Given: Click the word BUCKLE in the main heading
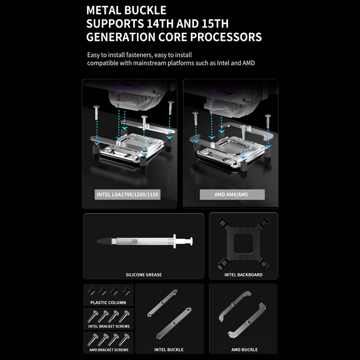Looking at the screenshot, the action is pos(145,10).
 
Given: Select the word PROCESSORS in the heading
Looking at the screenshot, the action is pos(226,37).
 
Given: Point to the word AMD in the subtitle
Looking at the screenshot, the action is pos(248,63).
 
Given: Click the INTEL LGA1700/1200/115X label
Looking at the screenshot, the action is pos(128,195).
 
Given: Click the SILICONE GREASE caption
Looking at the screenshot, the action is pos(144,274).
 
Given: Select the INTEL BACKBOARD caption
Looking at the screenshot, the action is pos(243,274).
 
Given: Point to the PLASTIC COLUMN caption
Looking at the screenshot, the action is pos(108,302).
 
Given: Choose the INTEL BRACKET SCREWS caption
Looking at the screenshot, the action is pos(109,326).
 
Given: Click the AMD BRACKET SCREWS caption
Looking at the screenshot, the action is pos(109,350).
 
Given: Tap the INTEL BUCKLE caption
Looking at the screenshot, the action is pos(169,350).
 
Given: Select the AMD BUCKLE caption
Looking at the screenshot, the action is pos(244,350).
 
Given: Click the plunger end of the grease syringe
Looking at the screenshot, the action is pos(191,242).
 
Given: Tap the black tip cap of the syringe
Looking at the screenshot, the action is pos(104,242).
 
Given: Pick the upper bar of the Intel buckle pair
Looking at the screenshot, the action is pos(162,303).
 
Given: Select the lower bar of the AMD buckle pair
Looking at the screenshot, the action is pos(247,321).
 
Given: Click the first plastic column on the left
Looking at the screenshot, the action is pos(91,291).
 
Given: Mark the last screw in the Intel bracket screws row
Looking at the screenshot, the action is pos(124,316).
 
